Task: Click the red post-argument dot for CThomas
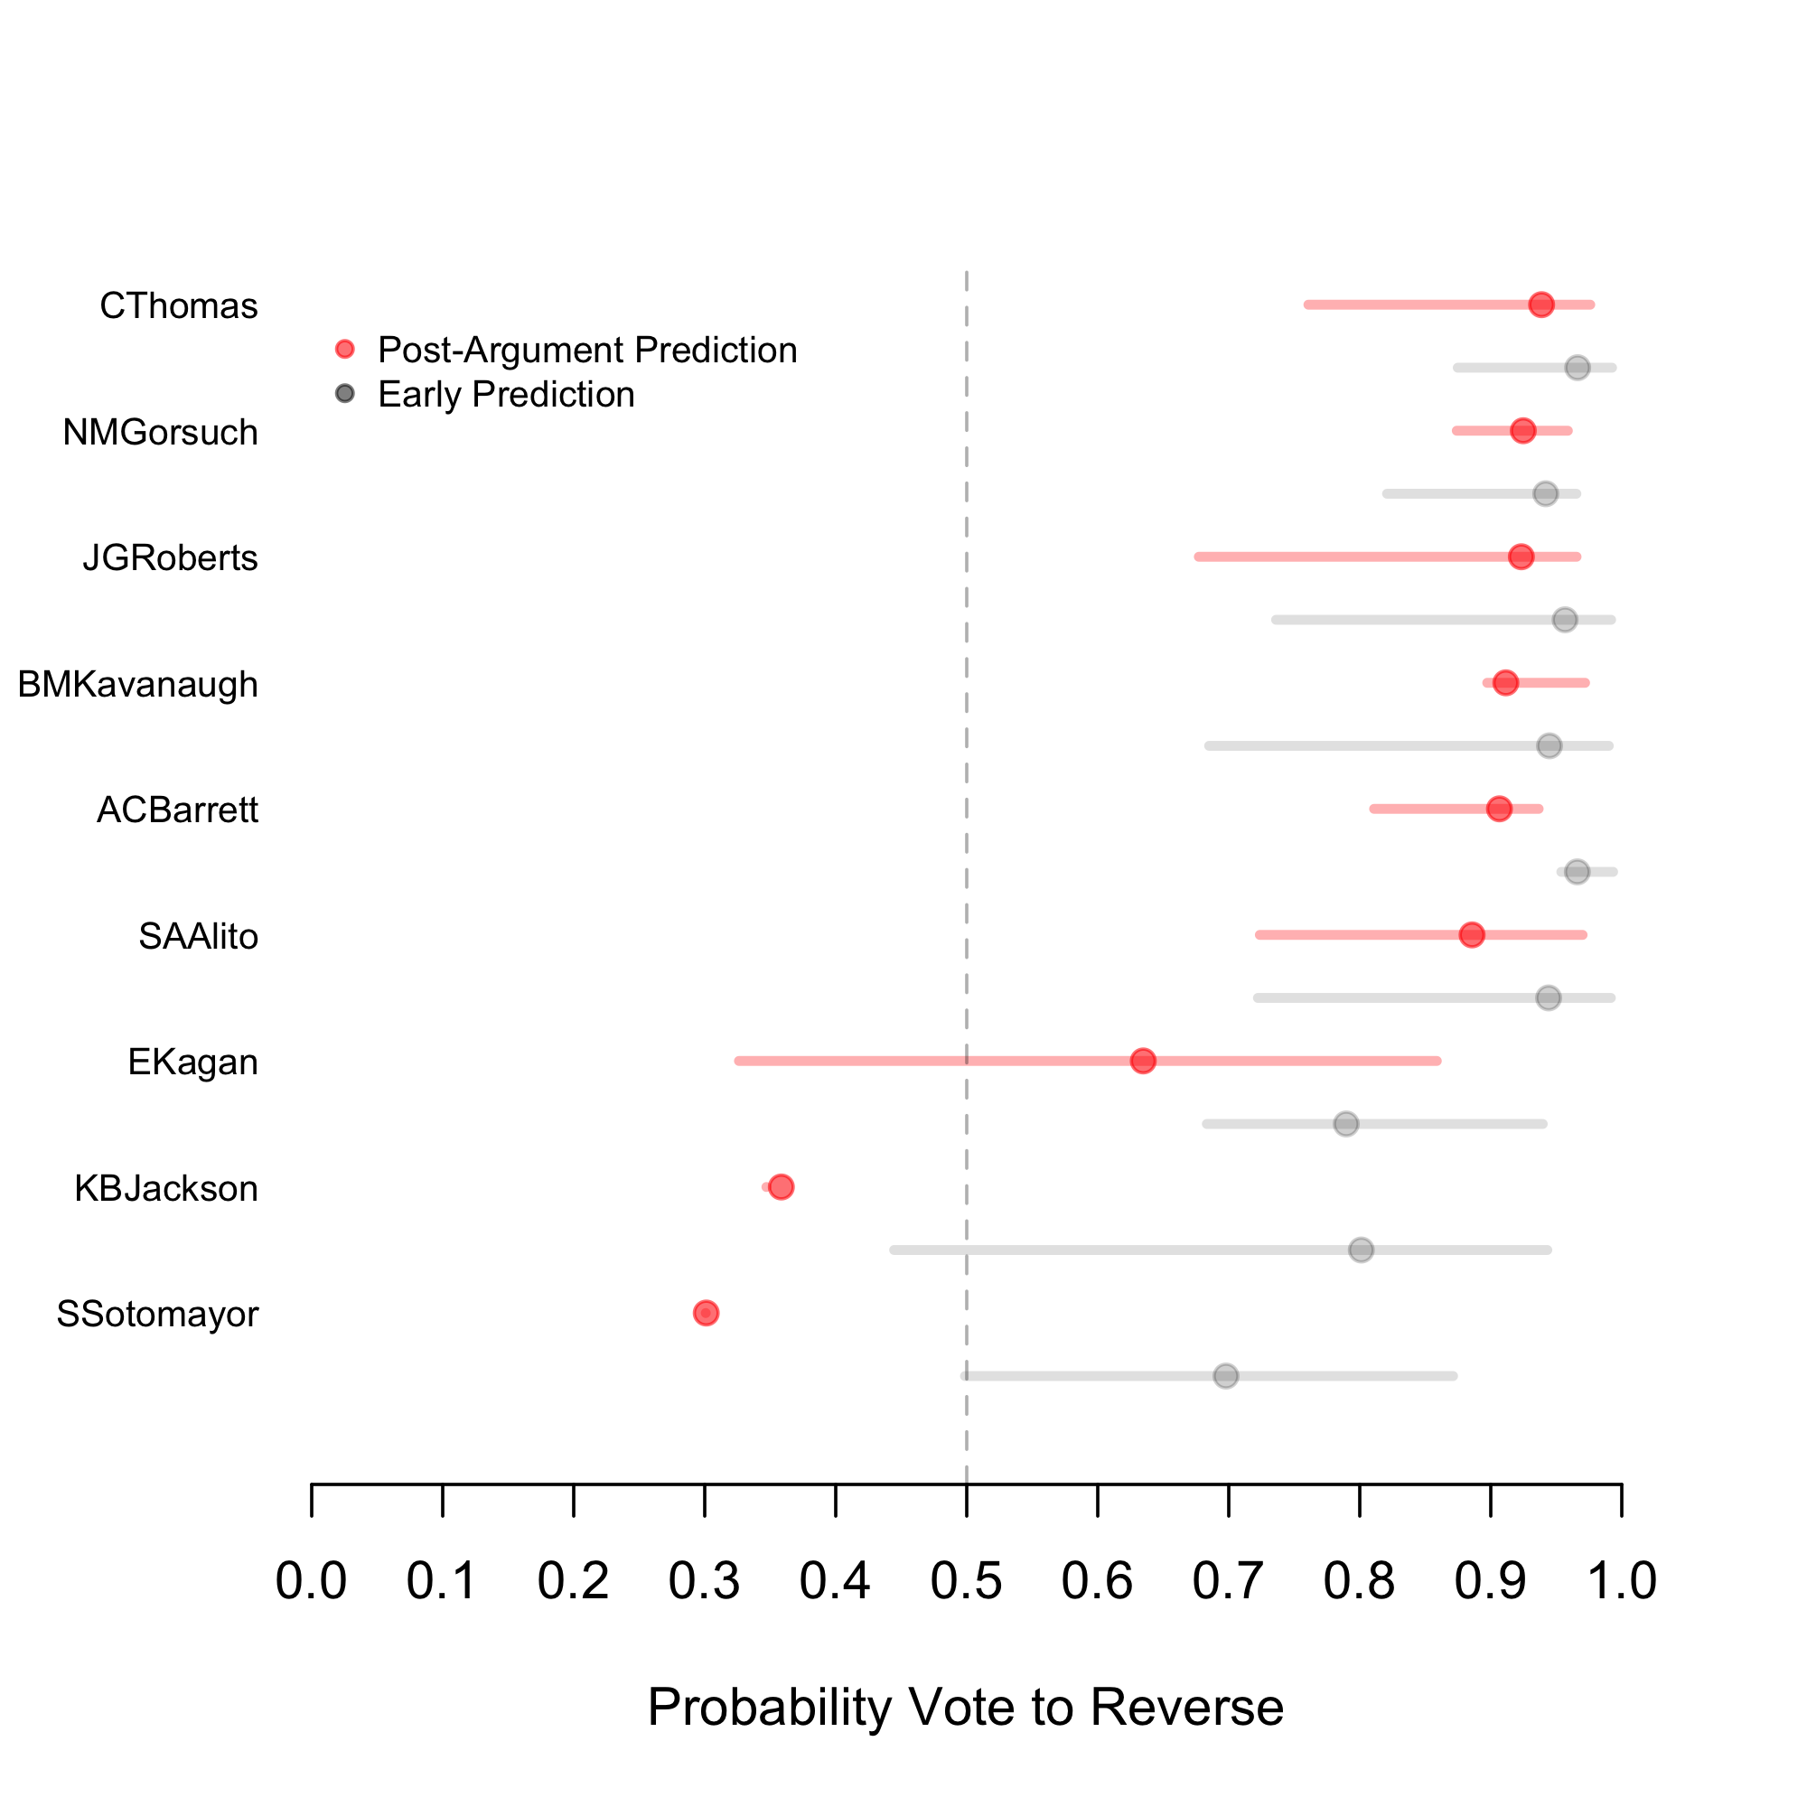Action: pos(1541,304)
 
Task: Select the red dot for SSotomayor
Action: pos(707,1313)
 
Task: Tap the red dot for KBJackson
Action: pos(781,1187)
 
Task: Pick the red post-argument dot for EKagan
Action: pos(1143,1061)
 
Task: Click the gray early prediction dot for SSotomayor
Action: pos(1226,1376)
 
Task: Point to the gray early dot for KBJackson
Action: pos(1361,1250)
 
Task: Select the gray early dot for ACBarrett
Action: pos(1578,872)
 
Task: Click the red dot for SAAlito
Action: pos(1472,934)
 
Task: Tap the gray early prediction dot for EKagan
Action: pos(1346,1123)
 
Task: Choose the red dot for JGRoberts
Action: pos(1521,557)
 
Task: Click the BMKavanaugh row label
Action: pos(137,685)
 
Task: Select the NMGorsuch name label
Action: pos(160,433)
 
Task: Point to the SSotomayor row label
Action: pos(157,1314)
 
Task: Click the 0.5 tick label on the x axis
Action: pos(966,1580)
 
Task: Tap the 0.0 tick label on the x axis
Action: pos(312,1580)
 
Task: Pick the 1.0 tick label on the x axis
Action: pos(1622,1580)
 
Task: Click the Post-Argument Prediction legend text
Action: pos(587,350)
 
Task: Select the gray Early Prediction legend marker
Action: pos(345,394)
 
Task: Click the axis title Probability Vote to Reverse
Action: pos(965,1707)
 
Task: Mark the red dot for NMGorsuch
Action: pos(1522,430)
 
